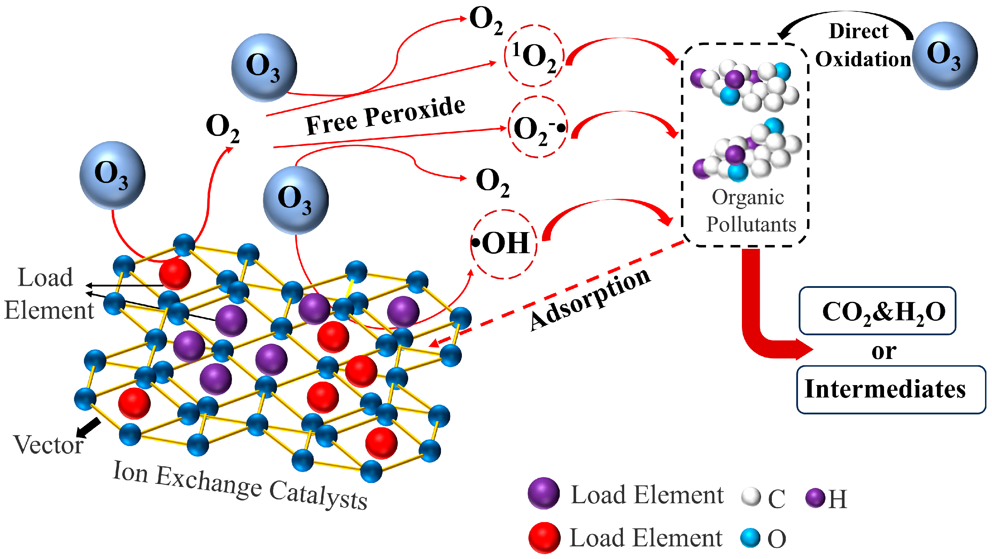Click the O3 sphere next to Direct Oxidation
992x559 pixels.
click(944, 56)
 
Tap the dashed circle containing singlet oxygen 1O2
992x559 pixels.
click(534, 56)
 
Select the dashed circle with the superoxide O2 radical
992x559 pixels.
click(537, 127)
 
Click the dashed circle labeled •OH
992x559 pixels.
click(504, 244)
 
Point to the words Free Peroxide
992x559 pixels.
click(385, 116)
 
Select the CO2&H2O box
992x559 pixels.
click(877, 311)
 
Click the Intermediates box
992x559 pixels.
click(890, 390)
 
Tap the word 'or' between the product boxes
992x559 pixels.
click(883, 351)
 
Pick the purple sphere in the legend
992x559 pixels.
click(543, 493)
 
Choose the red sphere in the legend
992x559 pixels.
click(544, 537)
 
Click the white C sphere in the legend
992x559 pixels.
click(751, 497)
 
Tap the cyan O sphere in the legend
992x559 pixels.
click(750, 538)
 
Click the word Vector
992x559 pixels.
click(48, 445)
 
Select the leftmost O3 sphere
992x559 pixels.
click(113, 175)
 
